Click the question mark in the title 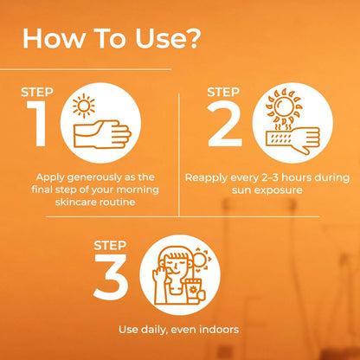191,38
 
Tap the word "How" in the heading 53,38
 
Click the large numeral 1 38,124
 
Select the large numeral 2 225,124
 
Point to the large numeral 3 111,277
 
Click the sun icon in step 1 84,106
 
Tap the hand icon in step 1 102,134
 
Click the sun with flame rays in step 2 285,106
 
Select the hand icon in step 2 292,139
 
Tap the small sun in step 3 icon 201,260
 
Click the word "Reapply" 206,178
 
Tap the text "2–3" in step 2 270,177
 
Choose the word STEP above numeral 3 110,246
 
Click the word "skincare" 74,202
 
